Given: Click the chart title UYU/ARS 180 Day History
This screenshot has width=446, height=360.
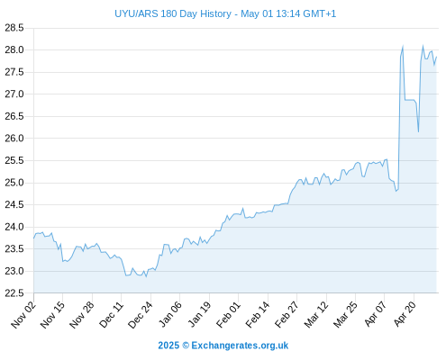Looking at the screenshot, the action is click(x=173, y=13).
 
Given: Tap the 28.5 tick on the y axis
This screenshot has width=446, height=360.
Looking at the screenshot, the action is click(x=14, y=28).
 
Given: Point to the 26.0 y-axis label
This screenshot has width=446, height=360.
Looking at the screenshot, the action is click(x=14, y=139).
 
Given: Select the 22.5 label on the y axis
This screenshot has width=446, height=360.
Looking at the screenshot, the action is click(x=14, y=293).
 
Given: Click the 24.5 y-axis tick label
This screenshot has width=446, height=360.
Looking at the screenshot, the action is click(x=14, y=205).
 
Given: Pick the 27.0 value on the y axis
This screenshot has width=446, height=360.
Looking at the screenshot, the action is click(x=14, y=94).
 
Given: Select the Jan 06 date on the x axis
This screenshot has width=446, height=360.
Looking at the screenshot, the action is click(x=170, y=314).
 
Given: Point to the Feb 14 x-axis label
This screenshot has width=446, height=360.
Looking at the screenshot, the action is click(x=259, y=314).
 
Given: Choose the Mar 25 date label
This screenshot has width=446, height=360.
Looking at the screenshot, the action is click(x=346, y=314).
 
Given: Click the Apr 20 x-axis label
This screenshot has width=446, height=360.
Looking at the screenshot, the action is click(x=405, y=314).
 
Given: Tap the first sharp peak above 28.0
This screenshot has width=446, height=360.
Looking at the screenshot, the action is click(x=403, y=47).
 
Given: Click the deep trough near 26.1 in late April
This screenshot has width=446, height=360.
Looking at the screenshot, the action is click(x=418, y=131).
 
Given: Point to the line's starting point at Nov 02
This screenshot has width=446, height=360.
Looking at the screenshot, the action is click(x=34, y=238).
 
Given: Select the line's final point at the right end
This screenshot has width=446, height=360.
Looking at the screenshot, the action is click(x=436, y=57).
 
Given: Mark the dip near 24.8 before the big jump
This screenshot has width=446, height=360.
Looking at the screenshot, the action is click(x=396, y=191).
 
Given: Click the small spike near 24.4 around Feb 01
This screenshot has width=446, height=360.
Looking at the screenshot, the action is click(x=243, y=208).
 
